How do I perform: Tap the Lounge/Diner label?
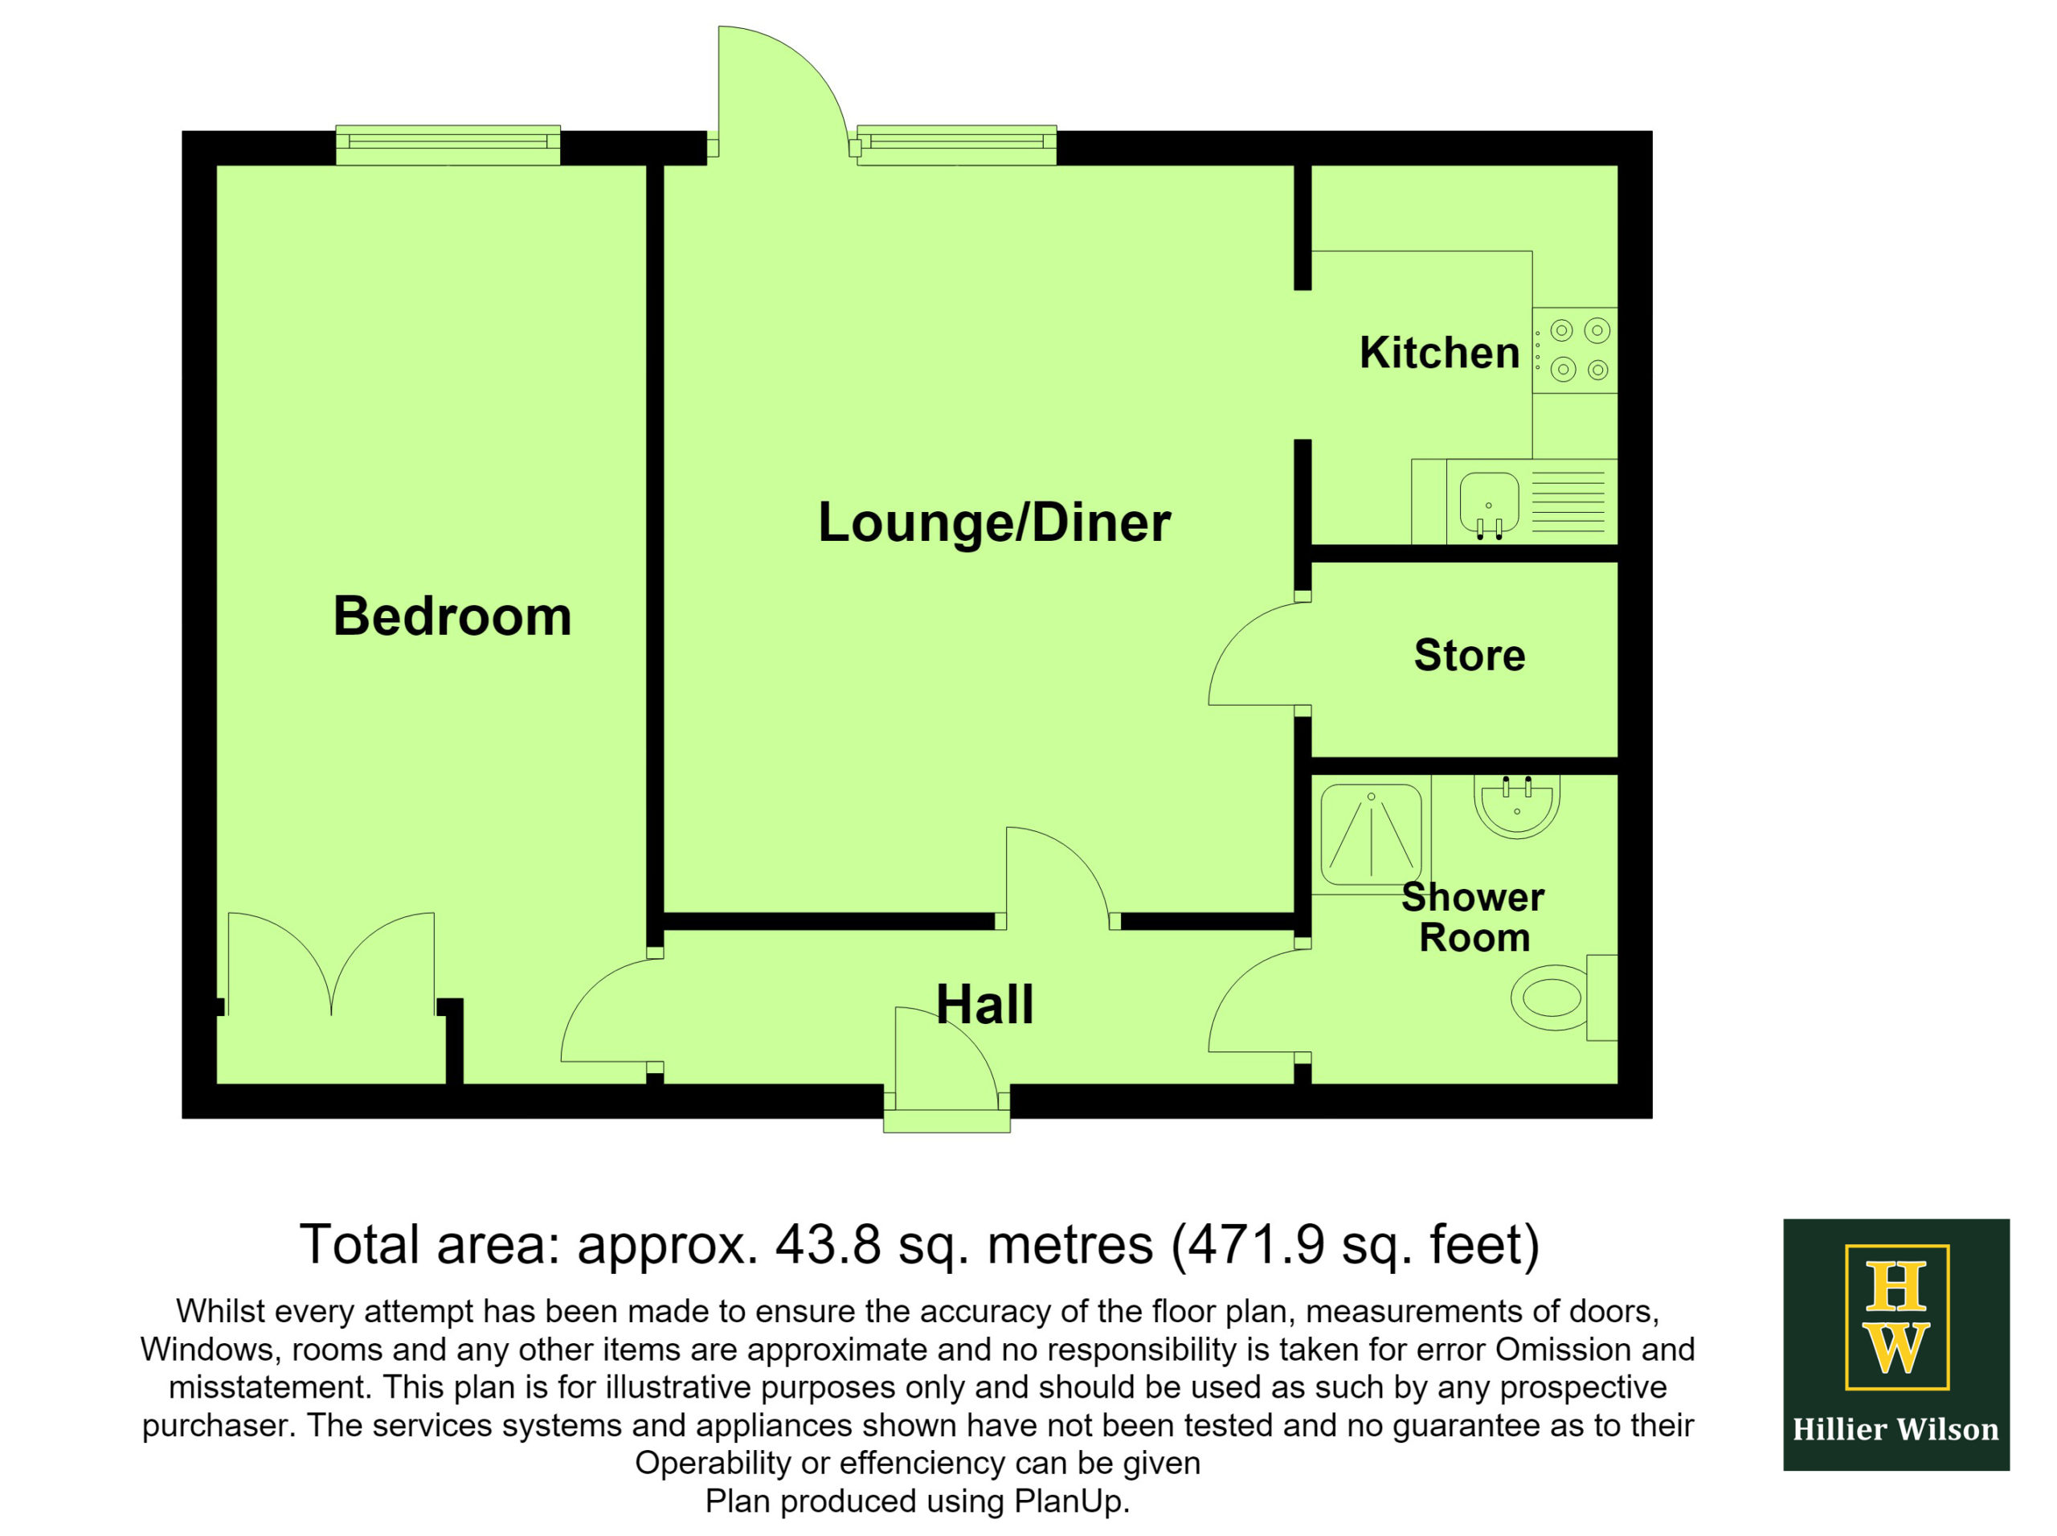pyautogui.click(x=994, y=522)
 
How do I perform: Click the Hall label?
pyautogui.click(x=984, y=1004)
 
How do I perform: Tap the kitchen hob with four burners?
pyautogui.click(x=1575, y=350)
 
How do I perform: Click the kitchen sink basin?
pyautogui.click(x=1488, y=503)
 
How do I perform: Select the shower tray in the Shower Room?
pyautogui.click(x=1371, y=835)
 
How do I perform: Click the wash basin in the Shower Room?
pyautogui.click(x=1516, y=806)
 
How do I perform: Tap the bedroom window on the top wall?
pyautogui.click(x=448, y=145)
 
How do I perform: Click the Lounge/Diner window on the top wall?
pyautogui.click(x=956, y=145)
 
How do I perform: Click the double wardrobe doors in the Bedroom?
pyautogui.click(x=331, y=963)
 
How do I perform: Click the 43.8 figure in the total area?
pyautogui.click(x=828, y=1244)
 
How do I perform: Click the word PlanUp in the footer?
pyautogui.click(x=1068, y=1501)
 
